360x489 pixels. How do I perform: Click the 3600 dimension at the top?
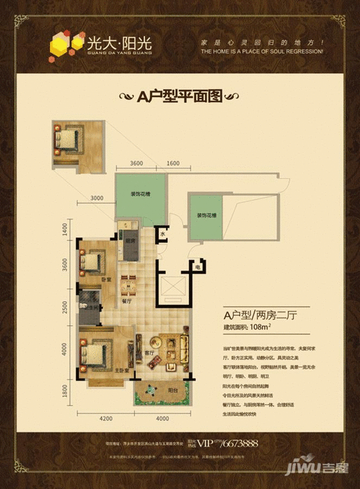pyautogui.click(x=141, y=164)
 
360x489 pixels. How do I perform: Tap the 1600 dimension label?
pyautogui.click(x=172, y=164)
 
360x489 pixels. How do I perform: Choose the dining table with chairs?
pyautogui.click(x=126, y=279)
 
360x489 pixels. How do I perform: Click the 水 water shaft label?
pyautogui.click(x=164, y=235)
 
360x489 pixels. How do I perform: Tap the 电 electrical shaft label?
pyautogui.click(x=198, y=267)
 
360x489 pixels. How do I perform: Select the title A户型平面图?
pyautogui.click(x=179, y=96)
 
